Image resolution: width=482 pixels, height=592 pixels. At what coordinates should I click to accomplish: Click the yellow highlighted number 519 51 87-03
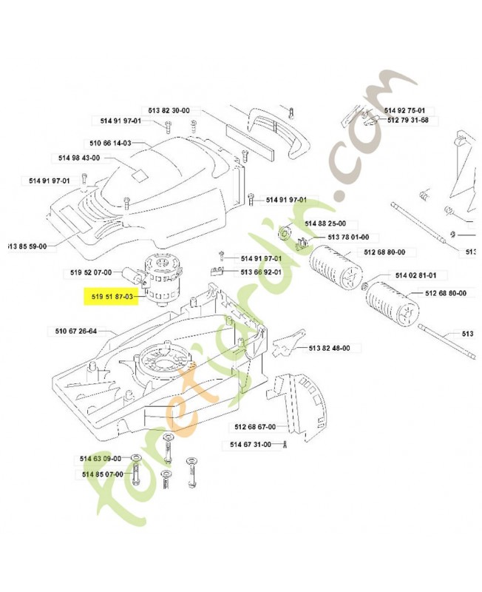(x=112, y=297)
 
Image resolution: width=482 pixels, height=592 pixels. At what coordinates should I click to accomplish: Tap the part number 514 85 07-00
(x=102, y=474)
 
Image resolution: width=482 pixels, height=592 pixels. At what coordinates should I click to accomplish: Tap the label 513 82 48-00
(x=329, y=348)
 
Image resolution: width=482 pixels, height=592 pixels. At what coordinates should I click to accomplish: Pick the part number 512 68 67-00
(x=254, y=427)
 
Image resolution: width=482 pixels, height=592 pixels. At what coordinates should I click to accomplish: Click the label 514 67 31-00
(x=249, y=444)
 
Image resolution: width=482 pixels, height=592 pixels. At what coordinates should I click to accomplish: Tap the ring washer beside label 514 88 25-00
(x=285, y=235)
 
